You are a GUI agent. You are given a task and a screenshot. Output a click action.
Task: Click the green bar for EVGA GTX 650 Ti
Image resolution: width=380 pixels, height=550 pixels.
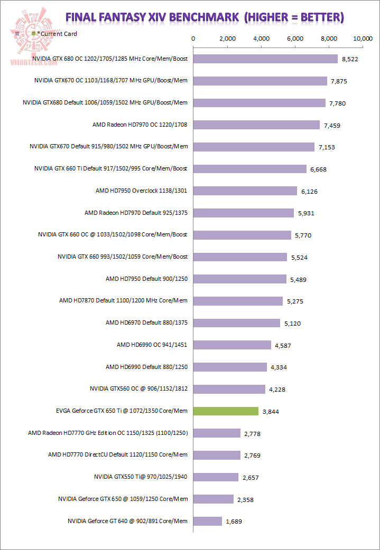[x=226, y=411]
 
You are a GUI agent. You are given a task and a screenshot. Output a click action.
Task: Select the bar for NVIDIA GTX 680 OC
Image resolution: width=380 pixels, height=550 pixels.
[x=265, y=59]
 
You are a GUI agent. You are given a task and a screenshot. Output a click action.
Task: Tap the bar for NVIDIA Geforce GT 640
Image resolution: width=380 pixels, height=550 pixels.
[x=208, y=521]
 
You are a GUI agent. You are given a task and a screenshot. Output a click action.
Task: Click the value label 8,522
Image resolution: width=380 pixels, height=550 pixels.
[x=350, y=59]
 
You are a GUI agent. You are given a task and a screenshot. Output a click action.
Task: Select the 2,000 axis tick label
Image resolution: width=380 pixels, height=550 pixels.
[x=227, y=39]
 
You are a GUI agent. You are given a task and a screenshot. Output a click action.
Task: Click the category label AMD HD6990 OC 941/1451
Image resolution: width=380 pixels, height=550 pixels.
[x=152, y=345]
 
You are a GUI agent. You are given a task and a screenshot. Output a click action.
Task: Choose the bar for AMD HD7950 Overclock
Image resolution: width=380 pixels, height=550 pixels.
[x=245, y=191]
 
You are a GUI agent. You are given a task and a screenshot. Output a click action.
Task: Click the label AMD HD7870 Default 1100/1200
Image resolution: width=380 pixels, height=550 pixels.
[x=123, y=301]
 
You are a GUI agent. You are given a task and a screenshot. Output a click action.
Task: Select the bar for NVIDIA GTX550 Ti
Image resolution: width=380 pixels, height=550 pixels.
[x=216, y=477]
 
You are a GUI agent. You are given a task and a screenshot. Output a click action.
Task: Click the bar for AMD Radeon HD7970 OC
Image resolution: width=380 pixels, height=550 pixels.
[x=257, y=125]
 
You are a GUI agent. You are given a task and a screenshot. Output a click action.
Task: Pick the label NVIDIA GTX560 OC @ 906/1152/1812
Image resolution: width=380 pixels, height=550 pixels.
[x=139, y=389]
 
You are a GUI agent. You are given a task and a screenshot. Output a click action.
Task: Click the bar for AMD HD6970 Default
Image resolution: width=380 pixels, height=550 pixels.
[x=237, y=323]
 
